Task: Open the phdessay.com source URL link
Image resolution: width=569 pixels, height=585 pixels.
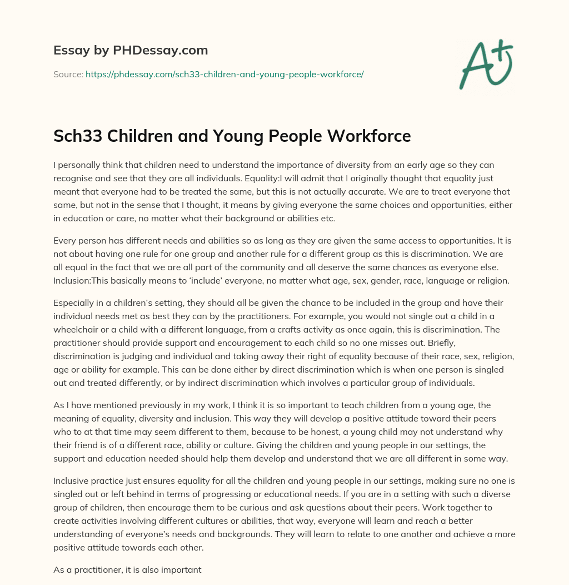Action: [224, 74]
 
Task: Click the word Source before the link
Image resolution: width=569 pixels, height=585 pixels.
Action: [68, 74]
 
